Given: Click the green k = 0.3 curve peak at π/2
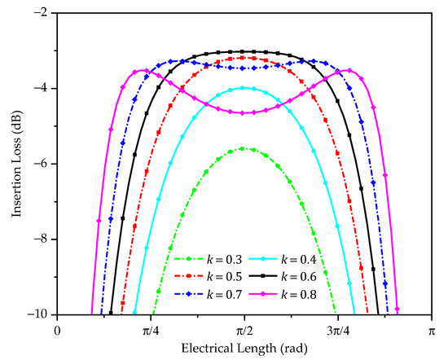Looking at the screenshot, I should coord(244,149).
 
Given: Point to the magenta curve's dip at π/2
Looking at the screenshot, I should coord(244,113).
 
